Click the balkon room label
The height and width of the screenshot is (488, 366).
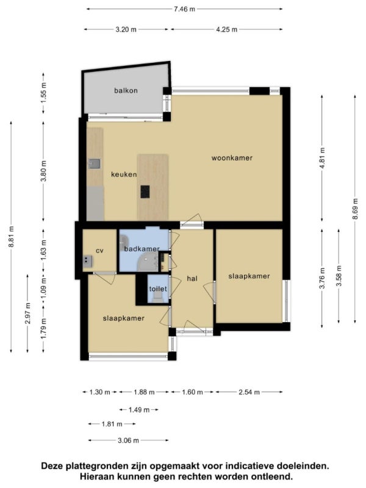126,90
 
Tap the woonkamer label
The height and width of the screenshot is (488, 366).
232,158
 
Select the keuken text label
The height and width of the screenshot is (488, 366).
124,174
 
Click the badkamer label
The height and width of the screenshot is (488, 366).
142,249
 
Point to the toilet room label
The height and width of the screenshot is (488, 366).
158,289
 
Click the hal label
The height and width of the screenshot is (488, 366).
192,279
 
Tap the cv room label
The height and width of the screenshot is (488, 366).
99,251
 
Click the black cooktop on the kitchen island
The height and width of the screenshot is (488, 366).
145,192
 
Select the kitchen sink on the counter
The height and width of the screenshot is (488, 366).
95,163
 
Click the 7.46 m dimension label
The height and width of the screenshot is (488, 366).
185,9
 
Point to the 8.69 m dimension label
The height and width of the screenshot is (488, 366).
355,209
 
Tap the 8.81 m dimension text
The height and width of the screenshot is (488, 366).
11,237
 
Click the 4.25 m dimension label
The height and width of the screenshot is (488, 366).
226,29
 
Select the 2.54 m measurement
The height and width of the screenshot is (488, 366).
249,392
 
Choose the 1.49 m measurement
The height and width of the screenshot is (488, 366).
139,410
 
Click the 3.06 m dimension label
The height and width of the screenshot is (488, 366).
128,440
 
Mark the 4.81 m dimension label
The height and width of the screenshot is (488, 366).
322,158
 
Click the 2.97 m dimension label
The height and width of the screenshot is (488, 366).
27,313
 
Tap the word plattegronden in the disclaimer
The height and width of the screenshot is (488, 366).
96,466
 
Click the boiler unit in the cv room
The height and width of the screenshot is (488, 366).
87,262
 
